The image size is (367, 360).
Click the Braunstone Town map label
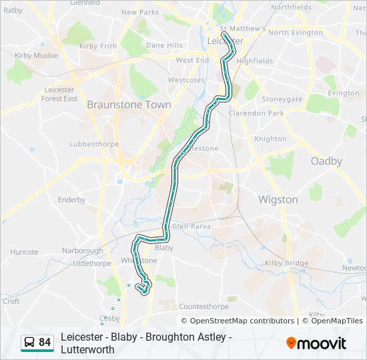coord(129,105)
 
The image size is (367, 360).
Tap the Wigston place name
coord(278,199)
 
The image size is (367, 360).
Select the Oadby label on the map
coord(326,161)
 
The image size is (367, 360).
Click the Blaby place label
coord(163,247)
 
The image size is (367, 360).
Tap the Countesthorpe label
coord(204,307)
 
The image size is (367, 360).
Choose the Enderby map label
coord(71,199)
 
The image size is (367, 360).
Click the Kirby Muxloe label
coord(37,55)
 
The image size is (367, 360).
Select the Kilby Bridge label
coord(286,263)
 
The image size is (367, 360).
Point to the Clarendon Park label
coord(256,113)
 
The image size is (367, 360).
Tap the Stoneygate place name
coord(282,99)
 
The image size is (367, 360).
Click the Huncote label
coord(25,252)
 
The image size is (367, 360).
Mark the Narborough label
coord(83,251)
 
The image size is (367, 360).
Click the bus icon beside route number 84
coord(29,343)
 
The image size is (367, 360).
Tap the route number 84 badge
coord(45,343)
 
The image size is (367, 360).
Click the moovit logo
coord(316,343)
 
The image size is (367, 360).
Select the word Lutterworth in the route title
coord(87,349)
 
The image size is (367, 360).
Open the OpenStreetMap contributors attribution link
coord(238,321)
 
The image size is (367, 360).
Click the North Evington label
coord(296,32)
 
